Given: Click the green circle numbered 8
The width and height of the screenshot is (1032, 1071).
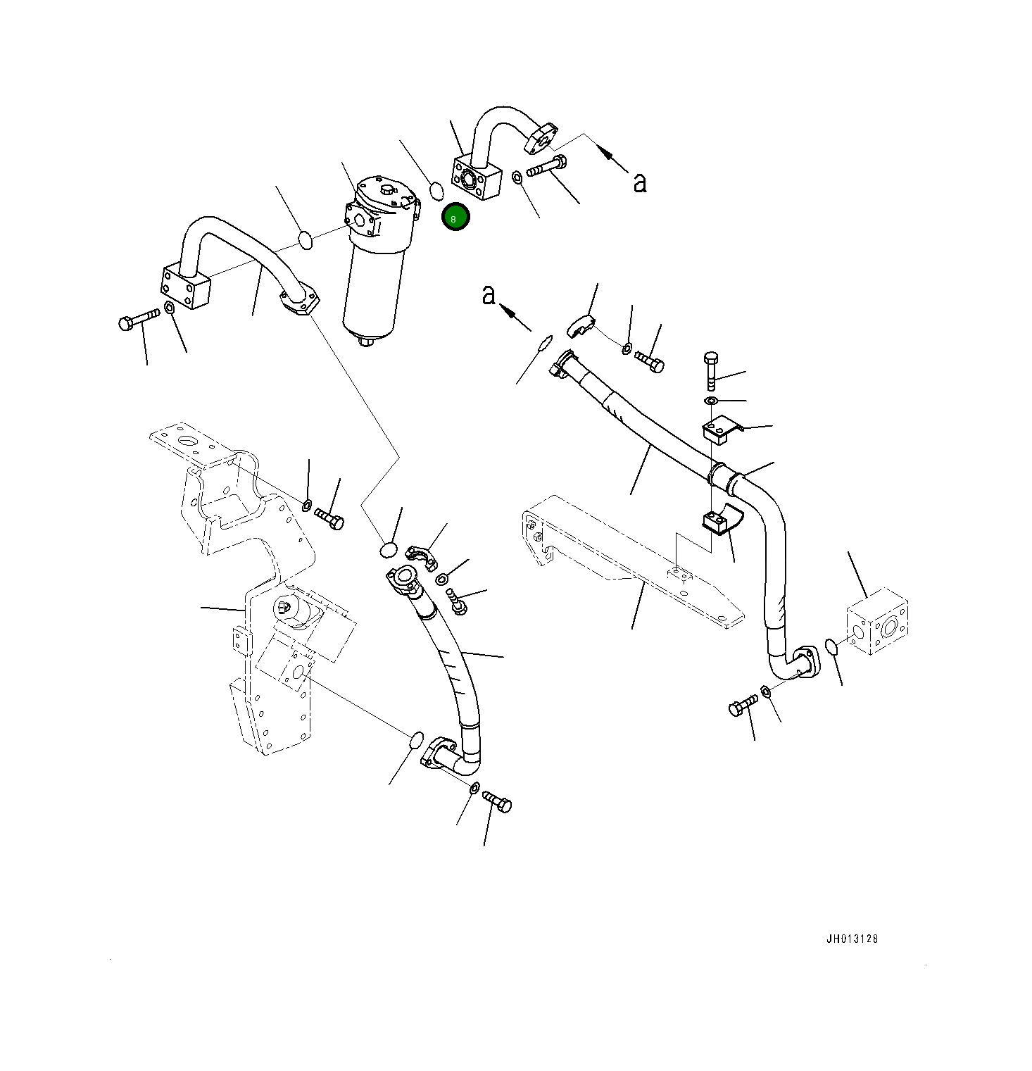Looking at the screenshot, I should [x=455, y=218].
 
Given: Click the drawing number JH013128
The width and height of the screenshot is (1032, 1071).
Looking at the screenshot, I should [x=852, y=939].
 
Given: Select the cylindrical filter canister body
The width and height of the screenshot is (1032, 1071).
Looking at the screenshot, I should [x=373, y=289].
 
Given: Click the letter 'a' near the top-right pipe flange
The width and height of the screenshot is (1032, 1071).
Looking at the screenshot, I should [x=639, y=182].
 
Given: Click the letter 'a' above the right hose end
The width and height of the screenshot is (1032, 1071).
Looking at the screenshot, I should [x=489, y=296].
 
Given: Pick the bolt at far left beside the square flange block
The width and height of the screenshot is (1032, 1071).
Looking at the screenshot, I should [x=139, y=319].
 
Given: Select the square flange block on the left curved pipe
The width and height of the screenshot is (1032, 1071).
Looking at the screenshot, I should [x=186, y=287].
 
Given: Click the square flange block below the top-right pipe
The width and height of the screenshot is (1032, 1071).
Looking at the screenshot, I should [x=476, y=179].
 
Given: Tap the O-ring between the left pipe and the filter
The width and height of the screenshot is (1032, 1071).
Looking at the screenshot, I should [x=305, y=240].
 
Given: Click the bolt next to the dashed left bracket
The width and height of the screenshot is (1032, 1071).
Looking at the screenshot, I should [x=329, y=519].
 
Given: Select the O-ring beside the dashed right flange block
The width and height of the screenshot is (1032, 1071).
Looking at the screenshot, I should [x=831, y=646].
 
